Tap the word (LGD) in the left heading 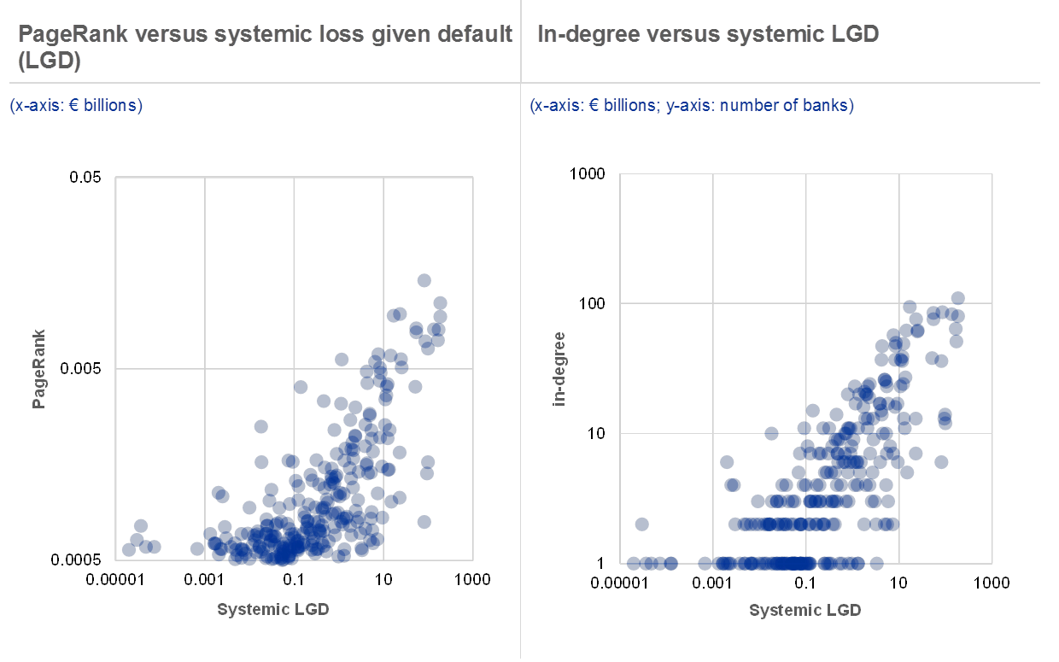(49, 61)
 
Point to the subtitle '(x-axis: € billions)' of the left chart (76, 106)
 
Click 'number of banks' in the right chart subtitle (799, 106)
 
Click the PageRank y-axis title (39, 368)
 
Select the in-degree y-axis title (559, 368)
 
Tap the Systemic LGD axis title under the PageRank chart (272, 610)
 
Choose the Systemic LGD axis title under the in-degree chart (804, 611)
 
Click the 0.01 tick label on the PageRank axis (85, 178)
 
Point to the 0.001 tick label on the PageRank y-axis (81, 368)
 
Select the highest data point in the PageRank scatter (424, 280)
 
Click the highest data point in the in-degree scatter (957, 298)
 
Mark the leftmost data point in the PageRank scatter (129, 549)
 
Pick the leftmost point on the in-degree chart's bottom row (634, 563)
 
